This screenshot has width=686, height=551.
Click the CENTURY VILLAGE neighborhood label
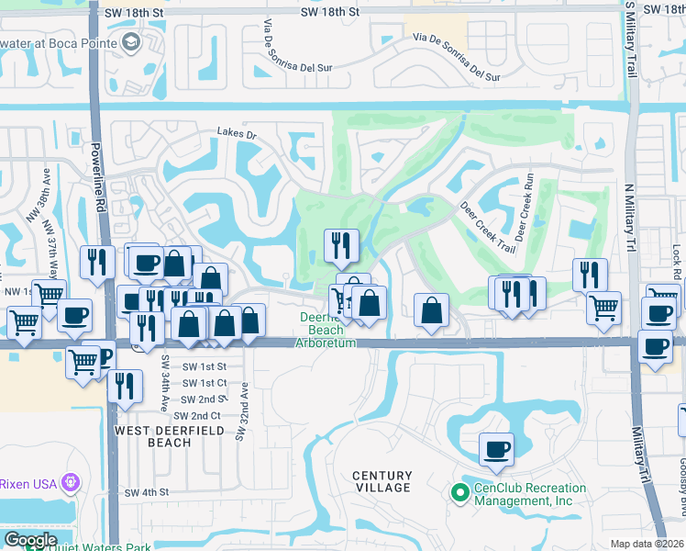tap(382, 481)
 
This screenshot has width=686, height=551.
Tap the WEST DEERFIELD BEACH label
tap(153, 435)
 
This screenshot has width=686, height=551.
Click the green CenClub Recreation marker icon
tap(461, 494)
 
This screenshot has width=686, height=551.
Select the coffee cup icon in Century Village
tap(496, 449)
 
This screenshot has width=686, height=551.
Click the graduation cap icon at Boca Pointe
tap(131, 42)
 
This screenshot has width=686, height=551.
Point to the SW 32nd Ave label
tap(243, 410)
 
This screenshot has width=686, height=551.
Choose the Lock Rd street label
tap(676, 263)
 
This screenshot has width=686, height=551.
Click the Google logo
tap(30, 540)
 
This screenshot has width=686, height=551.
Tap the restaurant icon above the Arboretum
tap(340, 245)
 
